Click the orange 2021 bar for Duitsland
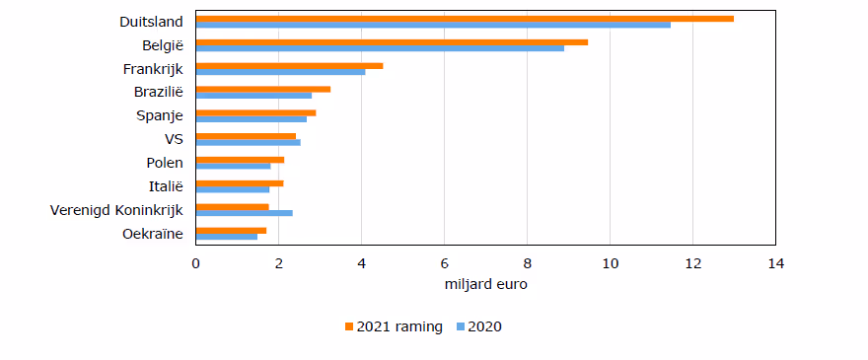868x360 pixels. pos(465,19)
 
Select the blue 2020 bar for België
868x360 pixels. pos(381,48)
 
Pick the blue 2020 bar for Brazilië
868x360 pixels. pos(254,96)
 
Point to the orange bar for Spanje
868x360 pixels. pos(256,113)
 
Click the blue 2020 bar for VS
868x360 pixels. pos(249,142)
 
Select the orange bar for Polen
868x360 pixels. pos(241,160)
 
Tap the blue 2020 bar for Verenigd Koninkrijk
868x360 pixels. pos(245,213)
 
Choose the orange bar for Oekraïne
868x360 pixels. pos(232,231)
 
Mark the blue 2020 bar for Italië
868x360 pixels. pos(233,189)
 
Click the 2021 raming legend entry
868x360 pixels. pos(394,326)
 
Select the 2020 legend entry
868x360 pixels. pos(478,326)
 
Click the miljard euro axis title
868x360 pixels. pos(485,285)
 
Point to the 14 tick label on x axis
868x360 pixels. pos(775,263)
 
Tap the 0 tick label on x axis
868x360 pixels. pos(196,263)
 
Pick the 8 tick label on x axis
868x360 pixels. pos(527,263)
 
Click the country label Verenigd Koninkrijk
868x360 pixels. pos(116,210)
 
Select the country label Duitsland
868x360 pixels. pos(151,22)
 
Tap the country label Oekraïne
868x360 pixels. pos(153,234)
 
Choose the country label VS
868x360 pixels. pos(174,140)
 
